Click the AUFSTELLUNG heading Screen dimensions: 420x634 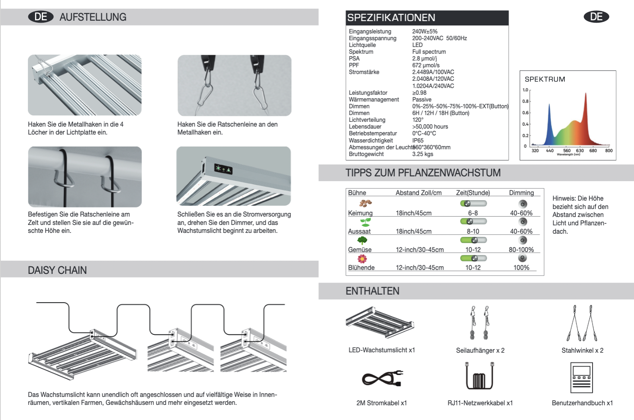pos(93,17)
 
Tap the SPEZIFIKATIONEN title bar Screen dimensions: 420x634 pos(391,18)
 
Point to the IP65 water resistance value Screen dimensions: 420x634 pos(418,141)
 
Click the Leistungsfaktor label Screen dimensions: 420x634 pos(368,93)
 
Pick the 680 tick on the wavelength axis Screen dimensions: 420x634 pos(593,150)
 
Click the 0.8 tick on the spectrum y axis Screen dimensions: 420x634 pos(525,101)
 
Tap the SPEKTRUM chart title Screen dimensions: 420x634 pos(545,79)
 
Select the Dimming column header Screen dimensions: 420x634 pos(521,193)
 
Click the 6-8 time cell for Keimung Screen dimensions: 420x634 pos(473,213)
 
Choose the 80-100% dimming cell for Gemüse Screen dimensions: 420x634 pos(521,250)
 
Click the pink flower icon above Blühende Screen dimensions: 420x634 pos(362,259)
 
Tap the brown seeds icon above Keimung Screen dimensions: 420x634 pos(365,203)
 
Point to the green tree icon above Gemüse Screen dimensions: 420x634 pos(362,240)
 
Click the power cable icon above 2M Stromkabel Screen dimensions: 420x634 pos(382,378)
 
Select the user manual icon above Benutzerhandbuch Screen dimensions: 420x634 pos(581,377)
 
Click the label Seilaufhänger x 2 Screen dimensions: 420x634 pos(480,350)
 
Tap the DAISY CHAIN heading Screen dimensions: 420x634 pos(57,270)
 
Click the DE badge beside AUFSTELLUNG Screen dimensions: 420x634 pos(41,17)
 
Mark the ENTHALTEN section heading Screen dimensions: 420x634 pos(372,291)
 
